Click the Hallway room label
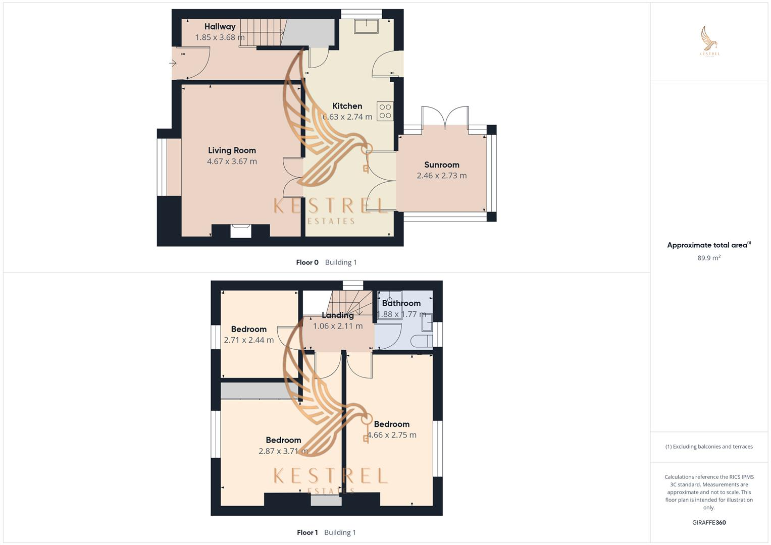(x=220, y=27)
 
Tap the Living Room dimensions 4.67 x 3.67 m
(x=232, y=161)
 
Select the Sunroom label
(x=441, y=165)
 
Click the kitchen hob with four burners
(x=385, y=111)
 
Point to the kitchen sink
(x=367, y=26)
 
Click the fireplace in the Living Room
(x=240, y=231)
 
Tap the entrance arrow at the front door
(x=173, y=64)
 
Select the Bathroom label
(x=401, y=303)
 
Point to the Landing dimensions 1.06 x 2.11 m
(x=337, y=326)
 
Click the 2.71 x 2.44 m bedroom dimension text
(x=248, y=340)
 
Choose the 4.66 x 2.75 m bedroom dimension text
(x=392, y=435)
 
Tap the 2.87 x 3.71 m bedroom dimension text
(x=283, y=451)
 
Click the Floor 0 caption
(x=307, y=262)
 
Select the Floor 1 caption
(x=307, y=532)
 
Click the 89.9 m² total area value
(x=709, y=258)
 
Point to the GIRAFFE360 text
(x=709, y=523)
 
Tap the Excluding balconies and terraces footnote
(x=709, y=447)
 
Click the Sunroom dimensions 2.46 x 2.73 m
(x=441, y=176)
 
